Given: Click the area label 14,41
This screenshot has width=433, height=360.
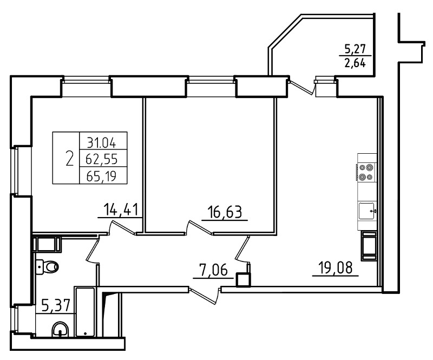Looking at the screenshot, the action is (121, 210).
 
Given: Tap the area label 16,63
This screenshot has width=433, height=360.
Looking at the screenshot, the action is (225, 212).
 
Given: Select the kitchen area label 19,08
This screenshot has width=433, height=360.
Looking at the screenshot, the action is (336, 268).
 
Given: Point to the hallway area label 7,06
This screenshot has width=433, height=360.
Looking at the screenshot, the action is (214, 270).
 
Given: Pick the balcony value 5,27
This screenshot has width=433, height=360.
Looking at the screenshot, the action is (355, 49).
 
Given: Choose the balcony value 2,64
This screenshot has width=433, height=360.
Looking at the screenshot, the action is (355, 63).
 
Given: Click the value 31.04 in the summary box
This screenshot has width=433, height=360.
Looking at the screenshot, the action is (102, 143).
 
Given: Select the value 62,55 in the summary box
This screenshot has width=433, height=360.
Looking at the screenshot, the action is (102, 159).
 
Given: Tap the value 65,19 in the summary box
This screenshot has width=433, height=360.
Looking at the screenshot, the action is (101, 176).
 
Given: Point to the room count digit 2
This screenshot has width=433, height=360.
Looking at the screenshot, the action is (70, 159).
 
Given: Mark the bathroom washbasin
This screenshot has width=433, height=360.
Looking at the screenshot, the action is (60, 329).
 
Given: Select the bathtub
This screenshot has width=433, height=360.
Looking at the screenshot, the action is (86, 311).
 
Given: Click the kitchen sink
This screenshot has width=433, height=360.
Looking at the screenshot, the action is (366, 211).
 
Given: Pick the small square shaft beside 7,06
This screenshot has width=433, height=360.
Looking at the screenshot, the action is (243, 279).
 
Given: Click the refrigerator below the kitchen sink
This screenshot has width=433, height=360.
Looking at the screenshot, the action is (369, 246).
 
